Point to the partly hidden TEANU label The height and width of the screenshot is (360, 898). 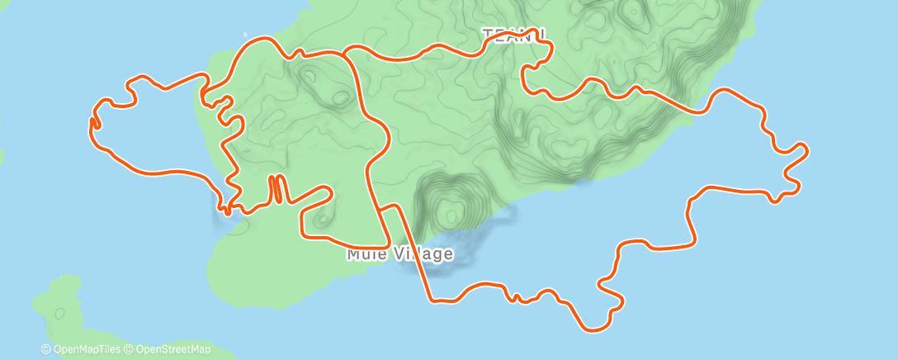click(507, 33)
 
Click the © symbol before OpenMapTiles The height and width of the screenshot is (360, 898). click(47, 349)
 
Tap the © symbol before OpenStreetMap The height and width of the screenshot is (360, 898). click(130, 349)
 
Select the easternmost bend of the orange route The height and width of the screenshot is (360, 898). click(805, 150)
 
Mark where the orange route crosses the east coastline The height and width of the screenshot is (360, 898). click(702, 111)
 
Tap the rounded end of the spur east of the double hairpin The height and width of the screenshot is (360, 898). click(330, 192)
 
